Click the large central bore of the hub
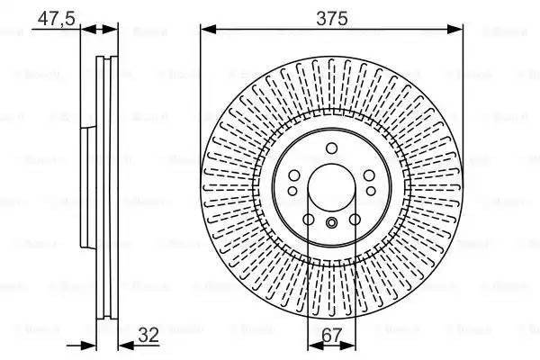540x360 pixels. (x=331, y=184)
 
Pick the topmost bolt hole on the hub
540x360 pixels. (x=331, y=148)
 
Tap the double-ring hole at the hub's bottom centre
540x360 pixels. (x=331, y=222)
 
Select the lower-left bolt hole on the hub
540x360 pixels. (x=309, y=220)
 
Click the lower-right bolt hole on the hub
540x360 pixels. (x=354, y=220)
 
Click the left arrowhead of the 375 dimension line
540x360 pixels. (x=206, y=30)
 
